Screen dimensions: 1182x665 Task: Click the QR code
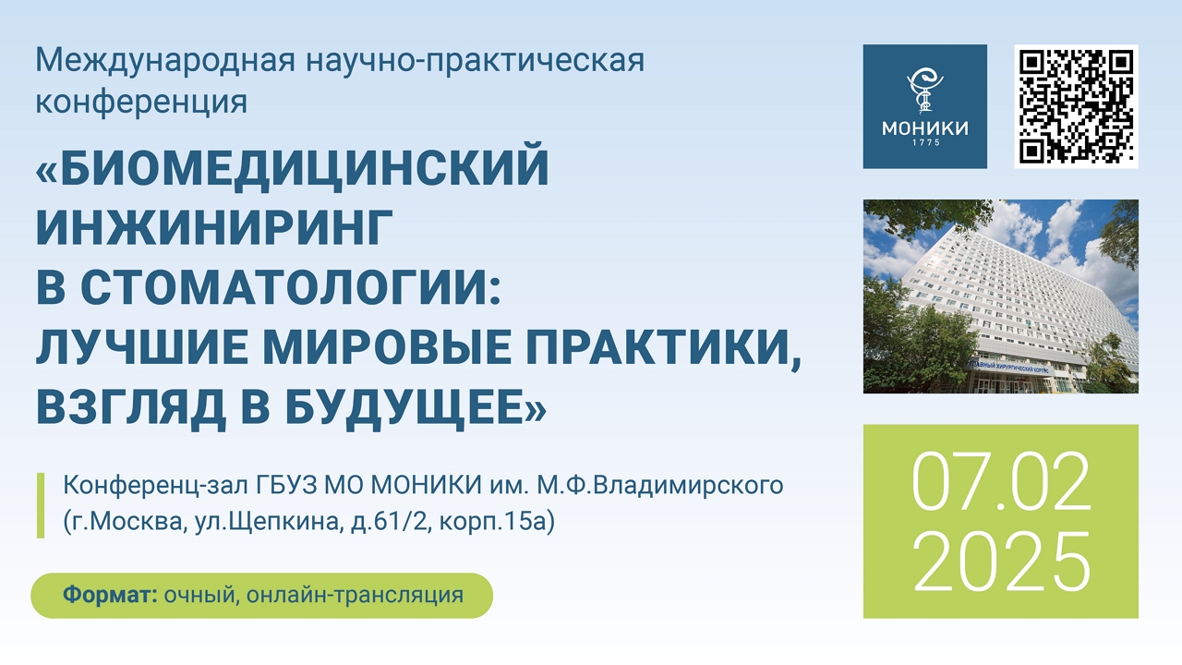point(1076,106)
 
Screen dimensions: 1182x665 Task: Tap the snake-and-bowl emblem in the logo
point(924,91)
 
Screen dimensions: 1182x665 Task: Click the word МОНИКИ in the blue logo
point(925,127)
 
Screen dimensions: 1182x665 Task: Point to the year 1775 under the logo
point(926,142)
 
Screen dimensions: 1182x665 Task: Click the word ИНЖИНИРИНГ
point(214,227)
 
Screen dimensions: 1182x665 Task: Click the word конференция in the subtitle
point(141,101)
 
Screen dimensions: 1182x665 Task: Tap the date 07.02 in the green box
point(1001,481)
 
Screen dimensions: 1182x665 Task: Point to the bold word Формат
point(110,595)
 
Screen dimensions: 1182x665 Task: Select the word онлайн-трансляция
point(356,596)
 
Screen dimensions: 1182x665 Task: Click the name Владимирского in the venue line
point(688,486)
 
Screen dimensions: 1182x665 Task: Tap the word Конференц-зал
point(156,486)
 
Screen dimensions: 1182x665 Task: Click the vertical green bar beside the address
point(40,505)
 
